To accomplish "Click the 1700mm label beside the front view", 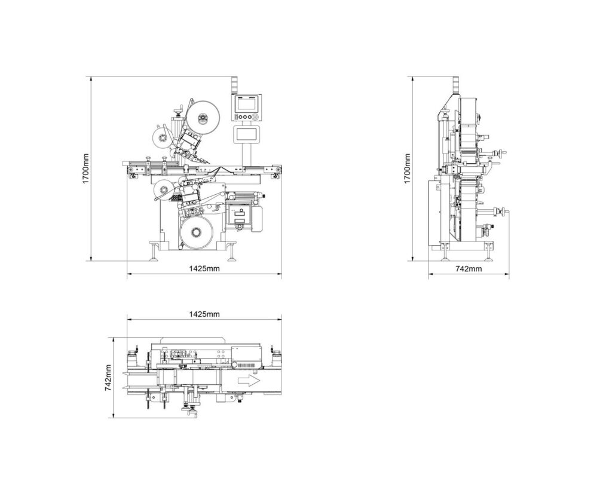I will (x=85, y=168).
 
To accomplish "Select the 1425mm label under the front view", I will (x=204, y=268).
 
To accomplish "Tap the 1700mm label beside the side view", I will (x=407, y=168).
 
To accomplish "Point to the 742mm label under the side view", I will (x=469, y=269).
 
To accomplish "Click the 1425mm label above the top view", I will (x=204, y=314).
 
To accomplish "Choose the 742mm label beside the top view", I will (x=109, y=378).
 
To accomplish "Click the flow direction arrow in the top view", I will (x=248, y=380).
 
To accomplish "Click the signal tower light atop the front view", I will (x=234, y=84).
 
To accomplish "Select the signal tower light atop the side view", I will (x=453, y=85).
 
